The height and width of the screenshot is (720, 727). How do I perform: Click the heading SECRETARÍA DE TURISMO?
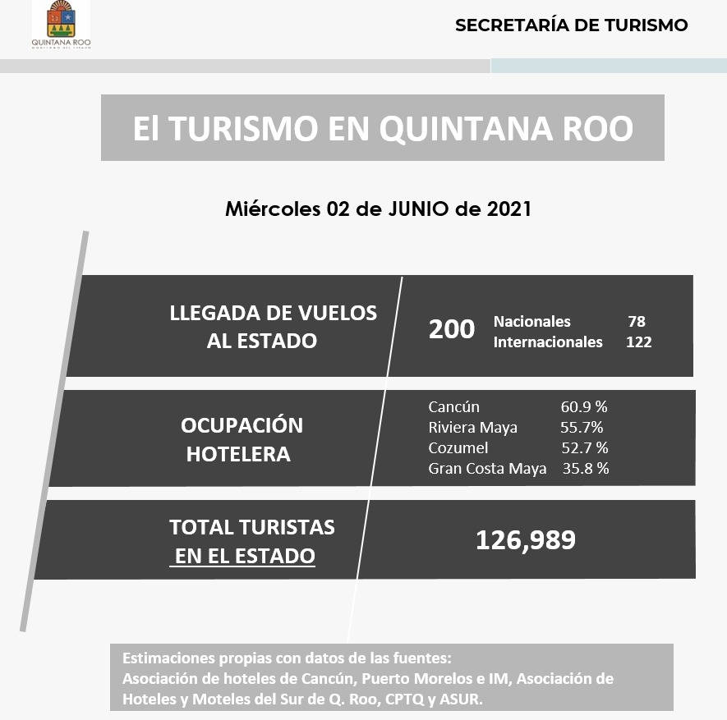571,25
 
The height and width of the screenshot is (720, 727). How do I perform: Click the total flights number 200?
452,329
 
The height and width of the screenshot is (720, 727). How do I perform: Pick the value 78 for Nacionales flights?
636,321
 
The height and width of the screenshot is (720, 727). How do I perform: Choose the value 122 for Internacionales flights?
638,342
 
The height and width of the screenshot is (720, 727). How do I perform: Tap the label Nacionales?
531,321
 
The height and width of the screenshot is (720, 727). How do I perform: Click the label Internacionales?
547,342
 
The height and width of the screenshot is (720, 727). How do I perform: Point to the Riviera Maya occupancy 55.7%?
582,427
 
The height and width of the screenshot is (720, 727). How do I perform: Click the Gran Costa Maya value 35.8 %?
586,469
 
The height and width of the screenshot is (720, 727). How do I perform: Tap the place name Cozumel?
458,447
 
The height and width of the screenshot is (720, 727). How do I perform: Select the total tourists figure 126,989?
526,540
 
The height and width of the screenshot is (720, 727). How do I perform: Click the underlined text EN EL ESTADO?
244,556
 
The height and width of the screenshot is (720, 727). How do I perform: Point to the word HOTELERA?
238,454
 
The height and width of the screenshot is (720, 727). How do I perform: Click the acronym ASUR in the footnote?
463,699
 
